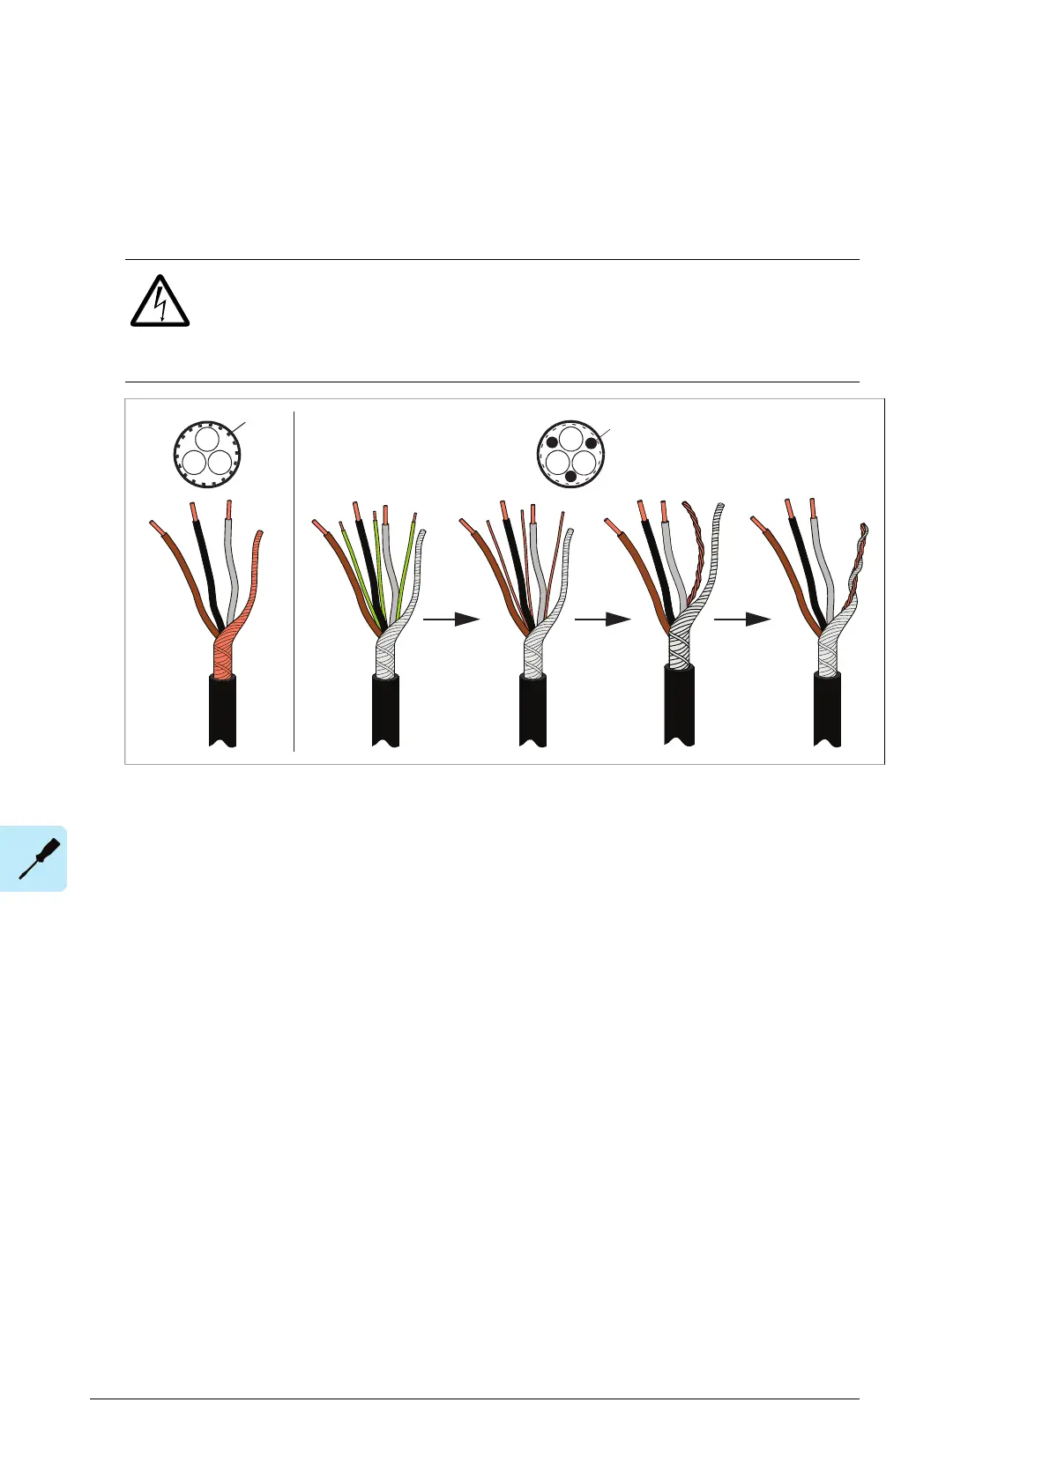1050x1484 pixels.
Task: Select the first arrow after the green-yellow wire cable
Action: coord(451,620)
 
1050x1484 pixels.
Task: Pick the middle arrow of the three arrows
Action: coord(602,620)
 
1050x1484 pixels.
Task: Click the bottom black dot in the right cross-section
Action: coord(570,476)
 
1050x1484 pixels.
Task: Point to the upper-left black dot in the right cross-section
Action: coord(552,442)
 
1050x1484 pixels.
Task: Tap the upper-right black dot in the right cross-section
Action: coord(591,443)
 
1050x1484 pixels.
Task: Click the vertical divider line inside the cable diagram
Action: coord(294,582)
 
